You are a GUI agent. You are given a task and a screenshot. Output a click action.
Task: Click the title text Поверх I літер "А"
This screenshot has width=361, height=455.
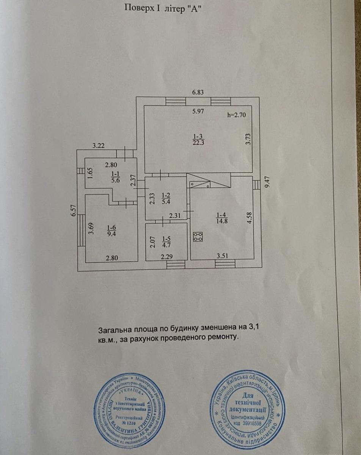(162, 9)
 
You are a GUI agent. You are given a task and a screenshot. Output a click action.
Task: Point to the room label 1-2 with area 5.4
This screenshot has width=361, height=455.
(166, 198)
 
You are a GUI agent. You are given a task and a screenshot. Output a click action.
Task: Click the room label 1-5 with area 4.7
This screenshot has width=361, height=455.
(166, 242)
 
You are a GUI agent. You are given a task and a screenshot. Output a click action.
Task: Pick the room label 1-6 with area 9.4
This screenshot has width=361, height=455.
(111, 231)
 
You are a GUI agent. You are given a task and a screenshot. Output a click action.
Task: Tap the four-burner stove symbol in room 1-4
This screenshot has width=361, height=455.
(198, 237)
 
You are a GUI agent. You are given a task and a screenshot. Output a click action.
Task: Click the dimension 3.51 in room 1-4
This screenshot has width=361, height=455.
(223, 256)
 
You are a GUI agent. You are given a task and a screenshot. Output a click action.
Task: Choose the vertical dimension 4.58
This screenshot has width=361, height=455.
(248, 218)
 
